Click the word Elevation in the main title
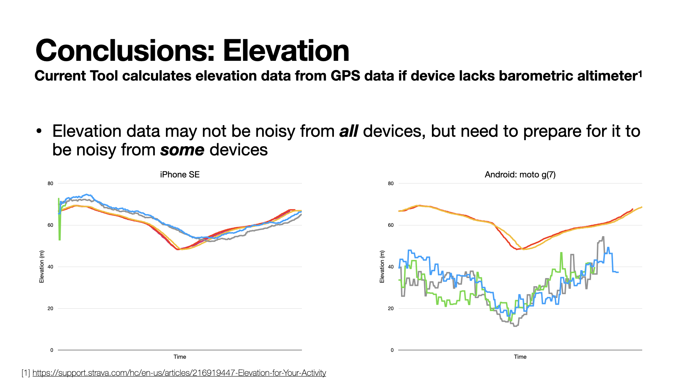286,51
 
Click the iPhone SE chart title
180,175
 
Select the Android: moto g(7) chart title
520,175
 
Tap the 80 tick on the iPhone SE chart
50,183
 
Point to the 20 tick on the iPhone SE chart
50,308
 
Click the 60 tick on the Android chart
391,225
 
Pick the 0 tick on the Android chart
392,350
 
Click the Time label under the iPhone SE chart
180,357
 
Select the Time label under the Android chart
520,357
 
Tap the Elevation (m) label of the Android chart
382,267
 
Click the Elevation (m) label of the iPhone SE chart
42,267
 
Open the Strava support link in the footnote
179,373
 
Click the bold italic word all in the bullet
348,131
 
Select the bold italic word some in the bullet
182,150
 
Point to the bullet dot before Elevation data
39,131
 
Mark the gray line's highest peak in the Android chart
603,237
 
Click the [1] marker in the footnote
26,373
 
